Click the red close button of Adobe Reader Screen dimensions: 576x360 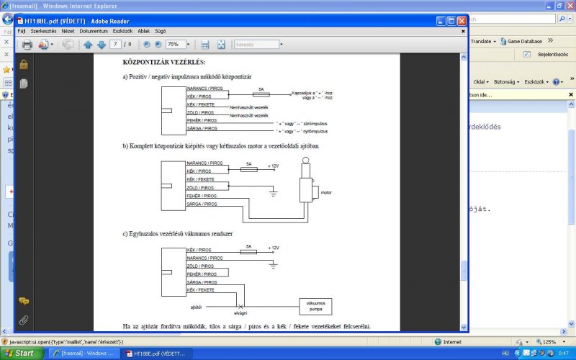[462, 21]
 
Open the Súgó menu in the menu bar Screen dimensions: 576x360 [160, 32]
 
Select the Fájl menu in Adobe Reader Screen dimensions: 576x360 [22, 32]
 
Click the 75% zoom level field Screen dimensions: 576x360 [176, 45]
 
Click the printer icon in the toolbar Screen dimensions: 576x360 [27, 45]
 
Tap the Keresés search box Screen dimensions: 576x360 [256, 45]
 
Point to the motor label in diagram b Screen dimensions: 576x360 [325, 193]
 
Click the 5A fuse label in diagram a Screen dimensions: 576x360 [260, 89]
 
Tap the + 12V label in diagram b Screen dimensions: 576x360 [273, 166]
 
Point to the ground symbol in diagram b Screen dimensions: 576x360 [273, 192]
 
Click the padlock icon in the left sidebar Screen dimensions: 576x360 [24, 65]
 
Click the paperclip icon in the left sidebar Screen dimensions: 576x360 [24, 320]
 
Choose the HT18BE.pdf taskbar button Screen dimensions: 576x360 [155, 354]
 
